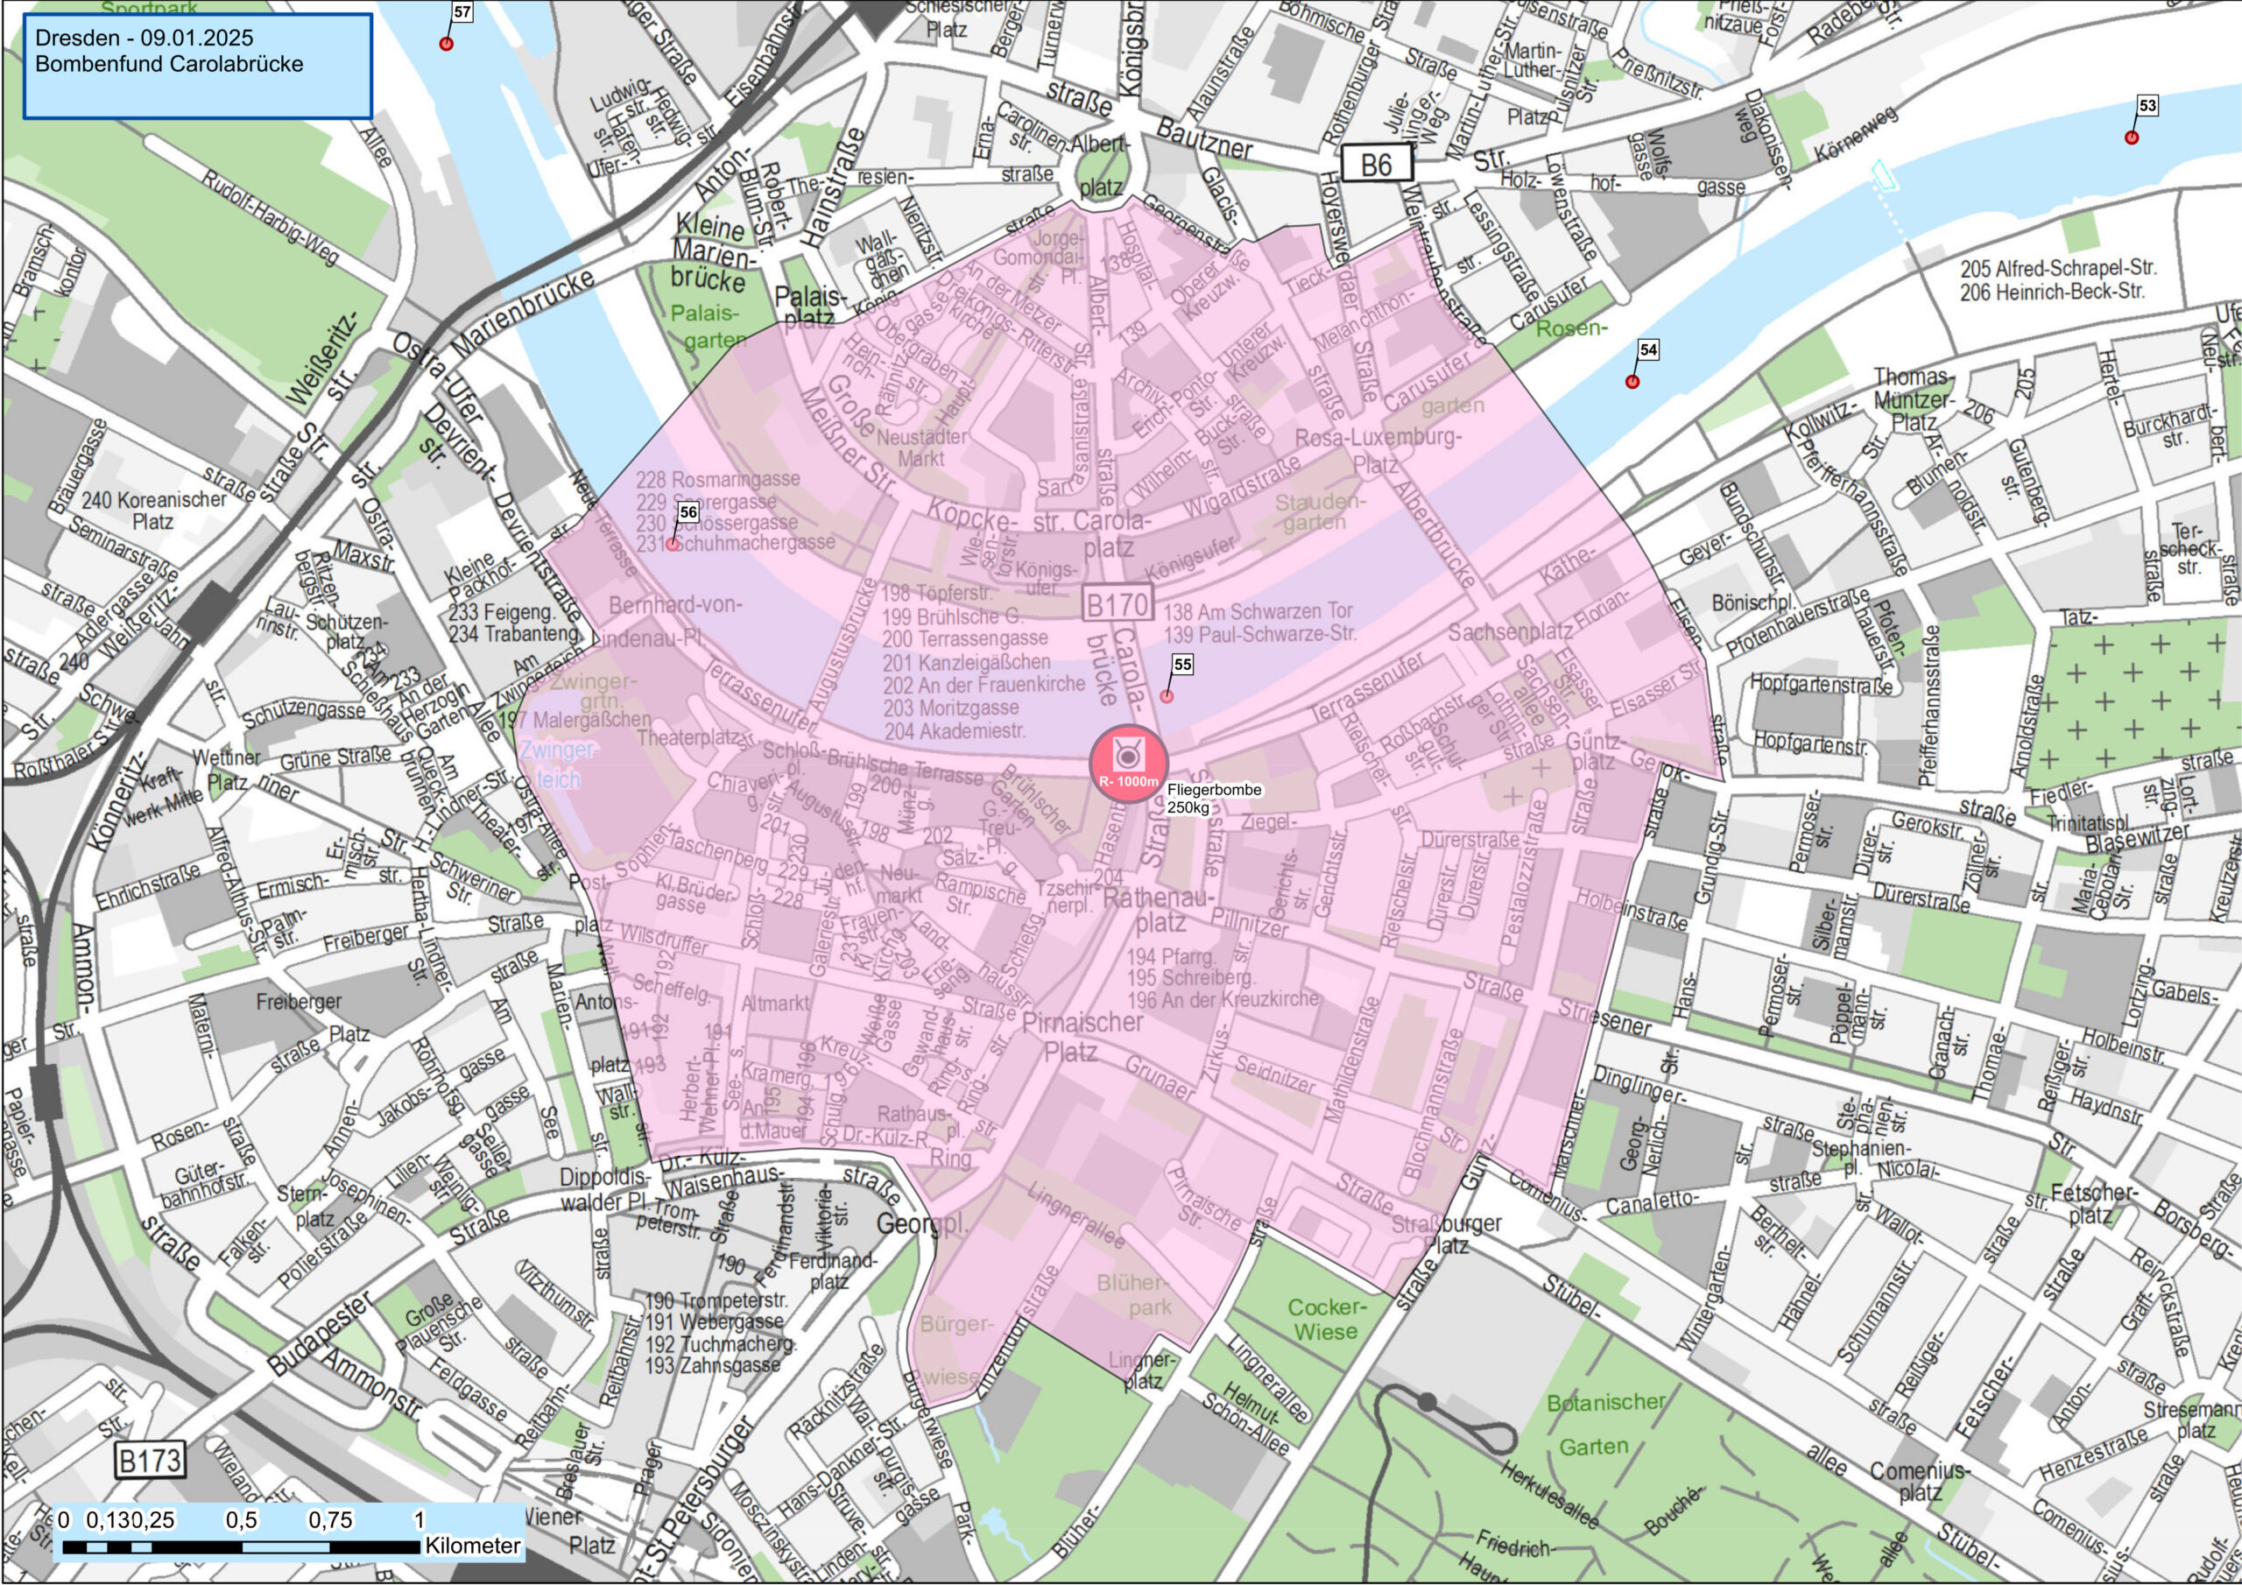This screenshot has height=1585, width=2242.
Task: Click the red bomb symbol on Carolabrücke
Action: [x=1128, y=764]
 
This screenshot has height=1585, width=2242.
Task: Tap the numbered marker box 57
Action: [x=462, y=12]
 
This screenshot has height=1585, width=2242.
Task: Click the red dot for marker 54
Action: [x=1632, y=382]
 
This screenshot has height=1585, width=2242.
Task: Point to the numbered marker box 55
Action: [x=1182, y=665]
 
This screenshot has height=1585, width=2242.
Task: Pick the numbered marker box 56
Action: [x=688, y=512]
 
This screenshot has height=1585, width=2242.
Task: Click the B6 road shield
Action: [x=1376, y=164]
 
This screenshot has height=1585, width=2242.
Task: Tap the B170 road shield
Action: [x=1117, y=605]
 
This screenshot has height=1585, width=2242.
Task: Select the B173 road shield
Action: [x=150, y=1460]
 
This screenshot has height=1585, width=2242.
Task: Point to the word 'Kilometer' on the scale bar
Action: [x=473, y=1546]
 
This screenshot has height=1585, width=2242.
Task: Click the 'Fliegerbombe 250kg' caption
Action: [x=1214, y=798]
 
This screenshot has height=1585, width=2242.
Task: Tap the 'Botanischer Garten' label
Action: [x=1604, y=1424]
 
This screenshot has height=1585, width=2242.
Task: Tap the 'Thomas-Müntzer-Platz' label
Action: [x=1913, y=399]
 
